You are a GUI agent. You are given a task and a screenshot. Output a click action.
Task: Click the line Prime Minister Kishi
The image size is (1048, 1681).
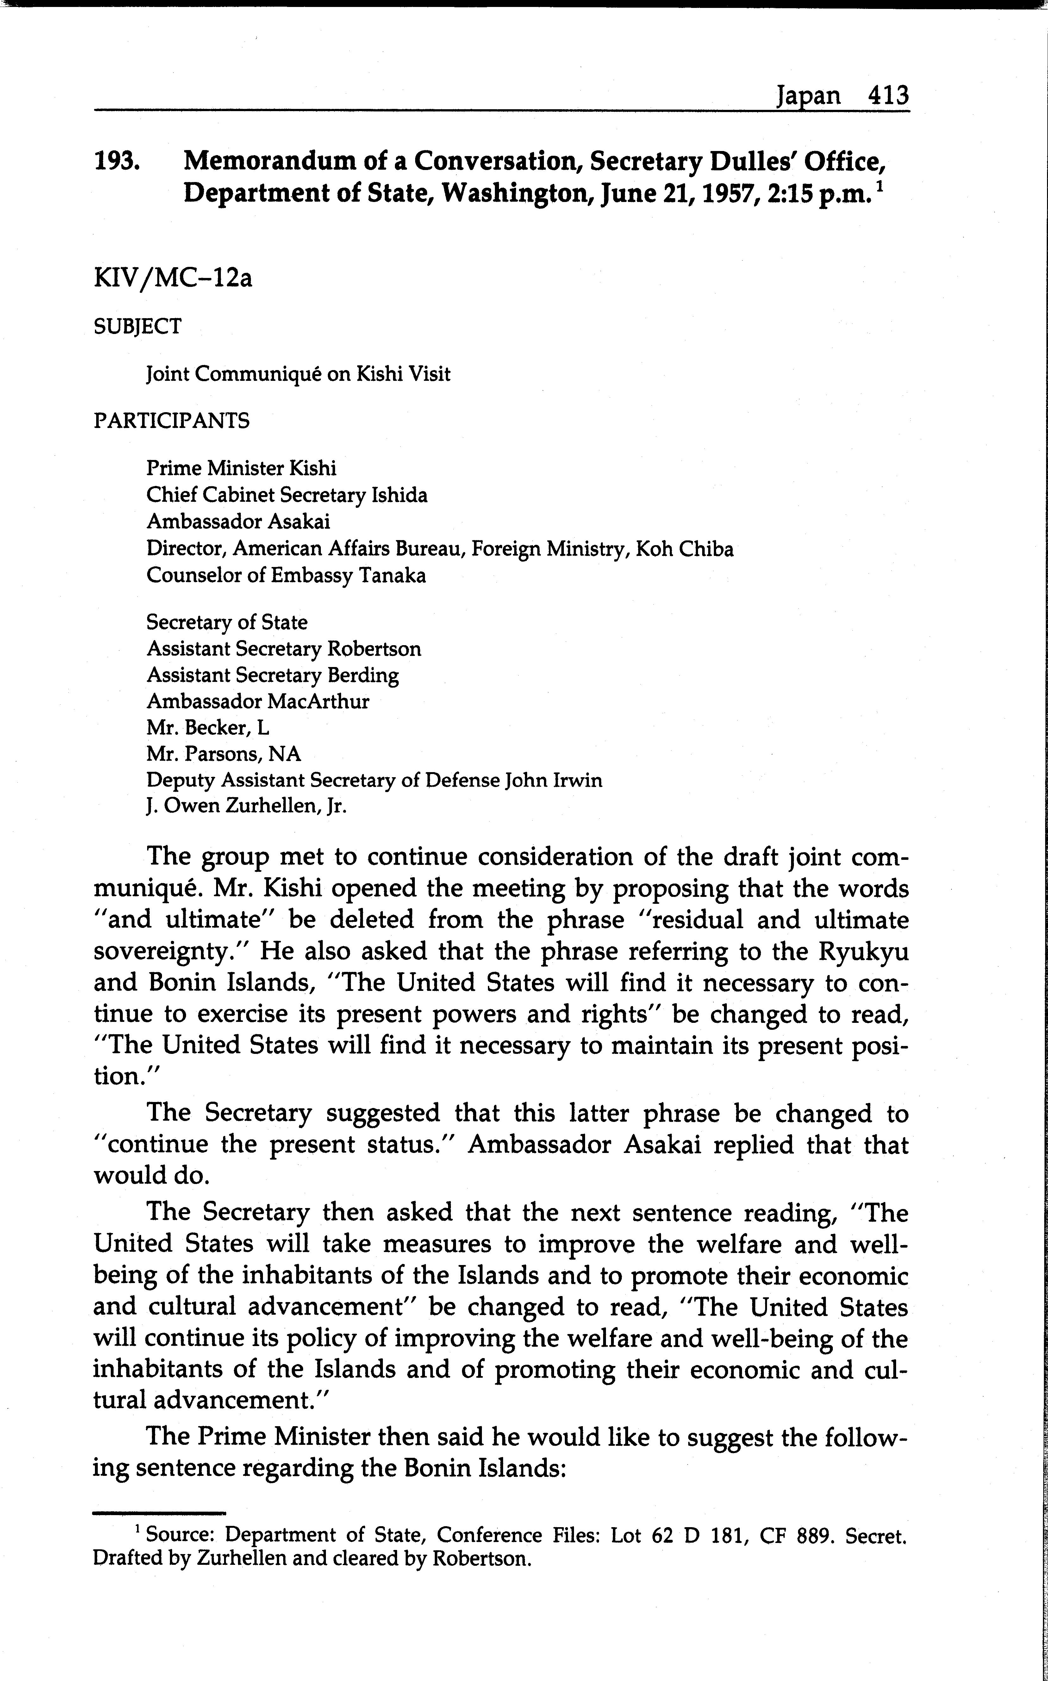click(x=241, y=469)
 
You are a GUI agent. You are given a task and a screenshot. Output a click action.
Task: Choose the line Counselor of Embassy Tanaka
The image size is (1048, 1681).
click(x=285, y=576)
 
